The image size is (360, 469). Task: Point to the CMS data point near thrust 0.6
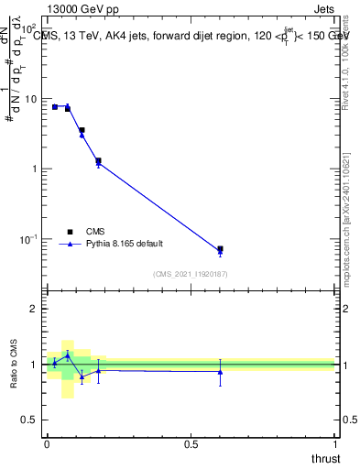220,249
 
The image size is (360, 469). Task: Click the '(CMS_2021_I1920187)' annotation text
191,274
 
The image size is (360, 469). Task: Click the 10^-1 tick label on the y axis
29,240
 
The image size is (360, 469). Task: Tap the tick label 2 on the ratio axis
36,309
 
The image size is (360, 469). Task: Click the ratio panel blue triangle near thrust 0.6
220,372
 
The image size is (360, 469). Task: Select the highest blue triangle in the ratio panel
68,354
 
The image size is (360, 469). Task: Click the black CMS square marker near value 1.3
98,160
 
